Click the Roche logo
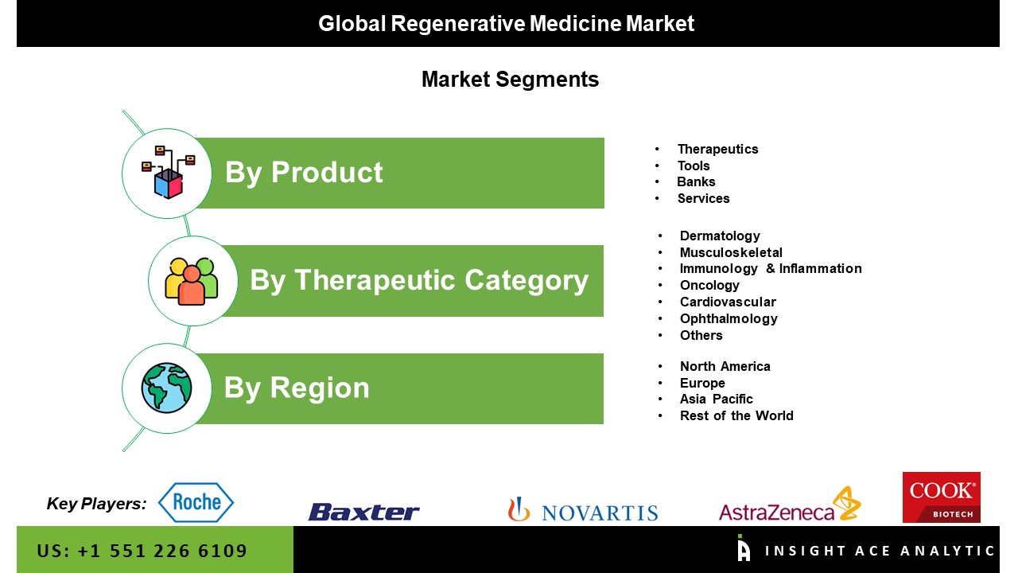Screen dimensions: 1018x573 coord(196,502)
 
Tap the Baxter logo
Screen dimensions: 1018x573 coord(363,512)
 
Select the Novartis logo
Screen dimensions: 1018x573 coord(583,509)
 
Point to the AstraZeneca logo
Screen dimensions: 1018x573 coord(790,505)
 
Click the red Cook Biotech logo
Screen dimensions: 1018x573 coord(941,497)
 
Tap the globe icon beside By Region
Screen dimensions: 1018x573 coord(166,388)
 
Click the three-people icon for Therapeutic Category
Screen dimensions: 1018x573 coord(192,281)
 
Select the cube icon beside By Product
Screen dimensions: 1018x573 coord(168,173)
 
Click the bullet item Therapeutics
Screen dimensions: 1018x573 coord(717,149)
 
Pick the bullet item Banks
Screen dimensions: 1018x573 coord(696,182)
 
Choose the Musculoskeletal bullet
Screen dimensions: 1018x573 coord(731,252)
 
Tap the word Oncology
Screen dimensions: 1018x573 coord(709,286)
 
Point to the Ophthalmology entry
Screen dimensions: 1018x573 coord(729,319)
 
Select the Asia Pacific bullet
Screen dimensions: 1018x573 coord(717,399)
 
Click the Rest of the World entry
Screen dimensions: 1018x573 coord(736,415)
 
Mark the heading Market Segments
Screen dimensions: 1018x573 coord(510,80)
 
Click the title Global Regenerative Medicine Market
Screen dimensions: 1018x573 coord(507,24)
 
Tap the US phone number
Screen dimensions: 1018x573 coord(142,551)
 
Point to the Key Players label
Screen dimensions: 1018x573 coord(96,504)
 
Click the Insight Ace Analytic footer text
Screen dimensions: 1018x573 coord(880,551)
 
